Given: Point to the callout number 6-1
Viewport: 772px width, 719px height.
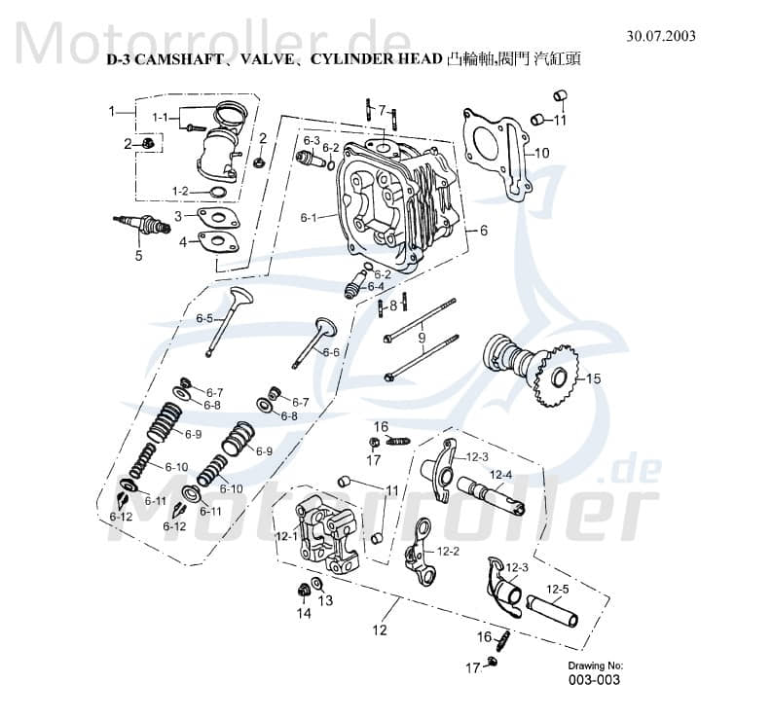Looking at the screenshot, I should click(309, 217).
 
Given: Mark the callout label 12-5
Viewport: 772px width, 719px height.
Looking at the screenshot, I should click(557, 588).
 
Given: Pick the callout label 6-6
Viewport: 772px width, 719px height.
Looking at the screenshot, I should click(331, 352).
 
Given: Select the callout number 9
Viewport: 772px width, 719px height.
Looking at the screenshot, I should click(422, 338).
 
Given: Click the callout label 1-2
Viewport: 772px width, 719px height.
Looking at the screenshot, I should click(180, 191).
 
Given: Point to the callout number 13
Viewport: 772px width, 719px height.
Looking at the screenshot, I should click(325, 600).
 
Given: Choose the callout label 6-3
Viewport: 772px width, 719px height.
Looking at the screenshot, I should click(311, 140).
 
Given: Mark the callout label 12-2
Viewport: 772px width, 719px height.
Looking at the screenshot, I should click(448, 551).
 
